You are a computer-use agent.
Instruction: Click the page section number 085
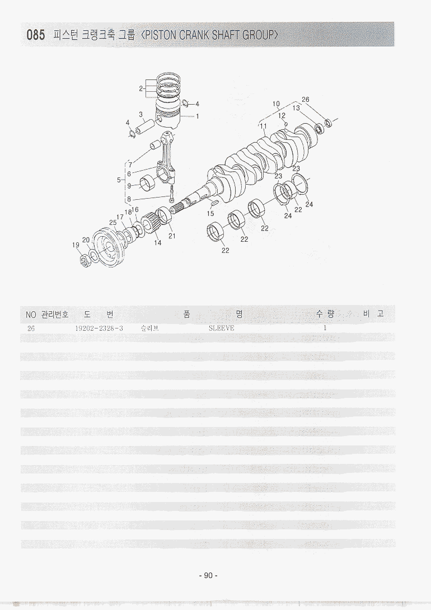(35, 35)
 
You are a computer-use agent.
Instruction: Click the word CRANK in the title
(195, 35)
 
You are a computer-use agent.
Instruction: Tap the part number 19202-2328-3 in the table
(99, 329)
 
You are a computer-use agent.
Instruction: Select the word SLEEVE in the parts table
(221, 328)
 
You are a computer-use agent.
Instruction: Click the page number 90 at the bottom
(208, 575)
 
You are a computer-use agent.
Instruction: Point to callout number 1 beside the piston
(198, 116)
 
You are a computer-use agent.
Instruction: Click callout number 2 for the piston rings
(141, 88)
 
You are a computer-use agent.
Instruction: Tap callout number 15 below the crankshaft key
(210, 214)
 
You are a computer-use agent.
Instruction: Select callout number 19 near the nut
(76, 245)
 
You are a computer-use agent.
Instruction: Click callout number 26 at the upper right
(306, 100)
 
